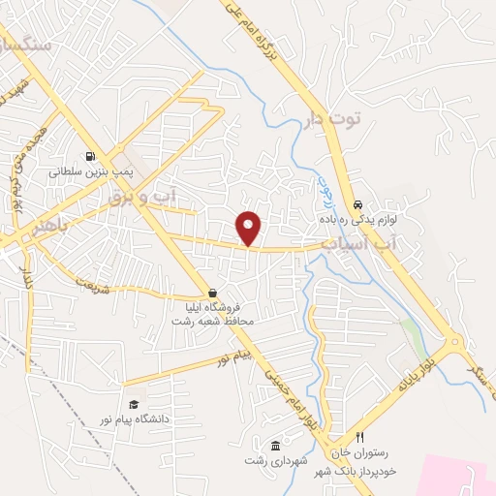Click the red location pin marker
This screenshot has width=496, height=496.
click(250, 228)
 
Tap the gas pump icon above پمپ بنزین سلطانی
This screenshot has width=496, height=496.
click(90, 155)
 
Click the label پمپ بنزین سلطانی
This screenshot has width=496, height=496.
click(90, 170)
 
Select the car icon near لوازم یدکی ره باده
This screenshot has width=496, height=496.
click(358, 205)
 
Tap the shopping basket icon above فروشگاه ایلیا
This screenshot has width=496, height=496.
click(212, 293)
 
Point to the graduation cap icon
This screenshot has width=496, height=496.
click(134, 405)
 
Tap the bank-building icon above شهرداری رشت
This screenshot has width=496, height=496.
click(276, 445)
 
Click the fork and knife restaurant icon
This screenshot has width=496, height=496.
click(360, 437)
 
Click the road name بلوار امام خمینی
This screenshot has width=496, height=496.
click(292, 387)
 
